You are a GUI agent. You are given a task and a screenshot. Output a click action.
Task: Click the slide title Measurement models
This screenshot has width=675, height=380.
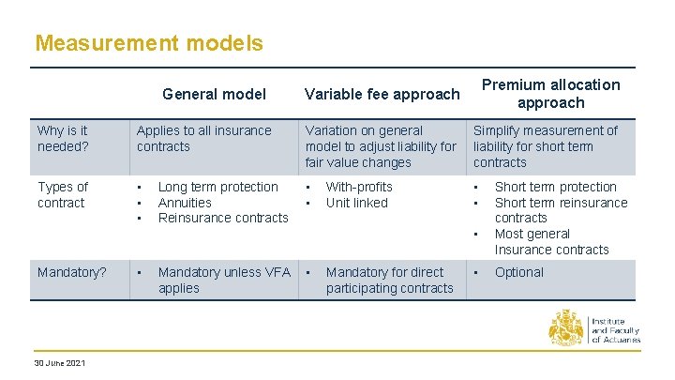tap(148, 43)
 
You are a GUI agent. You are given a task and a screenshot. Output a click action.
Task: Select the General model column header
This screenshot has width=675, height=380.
tap(214, 94)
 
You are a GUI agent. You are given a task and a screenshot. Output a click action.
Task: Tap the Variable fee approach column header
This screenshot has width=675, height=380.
tap(382, 94)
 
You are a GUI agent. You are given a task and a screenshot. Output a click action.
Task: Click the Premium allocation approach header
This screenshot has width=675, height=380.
tap(550, 94)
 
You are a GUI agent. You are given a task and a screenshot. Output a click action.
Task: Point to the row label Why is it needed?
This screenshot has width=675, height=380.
tap(62, 139)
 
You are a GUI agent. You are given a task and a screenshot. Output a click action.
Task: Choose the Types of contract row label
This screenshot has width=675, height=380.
tap(62, 195)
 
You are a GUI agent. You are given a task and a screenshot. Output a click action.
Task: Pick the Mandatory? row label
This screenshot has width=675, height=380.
tap(71, 272)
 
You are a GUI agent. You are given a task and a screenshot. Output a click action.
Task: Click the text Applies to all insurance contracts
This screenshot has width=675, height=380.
tap(203, 139)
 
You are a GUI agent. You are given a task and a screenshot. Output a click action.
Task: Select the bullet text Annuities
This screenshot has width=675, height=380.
tap(185, 203)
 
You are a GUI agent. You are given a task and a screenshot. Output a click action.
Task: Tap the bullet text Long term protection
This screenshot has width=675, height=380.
tap(217, 187)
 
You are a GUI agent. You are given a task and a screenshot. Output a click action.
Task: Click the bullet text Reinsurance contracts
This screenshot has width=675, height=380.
tap(223, 218)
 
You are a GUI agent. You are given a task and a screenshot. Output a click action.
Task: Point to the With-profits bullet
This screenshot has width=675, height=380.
tap(359, 187)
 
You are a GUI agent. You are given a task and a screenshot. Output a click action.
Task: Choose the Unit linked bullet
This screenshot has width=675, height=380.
tap(356, 203)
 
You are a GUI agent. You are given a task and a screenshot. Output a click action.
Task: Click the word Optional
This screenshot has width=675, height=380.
tap(518, 272)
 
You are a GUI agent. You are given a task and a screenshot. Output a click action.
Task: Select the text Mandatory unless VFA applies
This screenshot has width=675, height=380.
tap(223, 280)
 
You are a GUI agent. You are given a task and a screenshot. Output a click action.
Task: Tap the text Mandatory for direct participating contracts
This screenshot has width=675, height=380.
tap(389, 280)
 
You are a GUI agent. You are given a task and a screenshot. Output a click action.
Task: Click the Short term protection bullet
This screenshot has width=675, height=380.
tap(555, 187)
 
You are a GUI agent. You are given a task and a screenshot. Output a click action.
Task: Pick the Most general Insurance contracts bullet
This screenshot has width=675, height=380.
tap(551, 241)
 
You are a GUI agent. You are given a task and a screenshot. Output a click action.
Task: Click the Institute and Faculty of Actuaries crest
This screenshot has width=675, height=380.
tap(566, 329)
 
